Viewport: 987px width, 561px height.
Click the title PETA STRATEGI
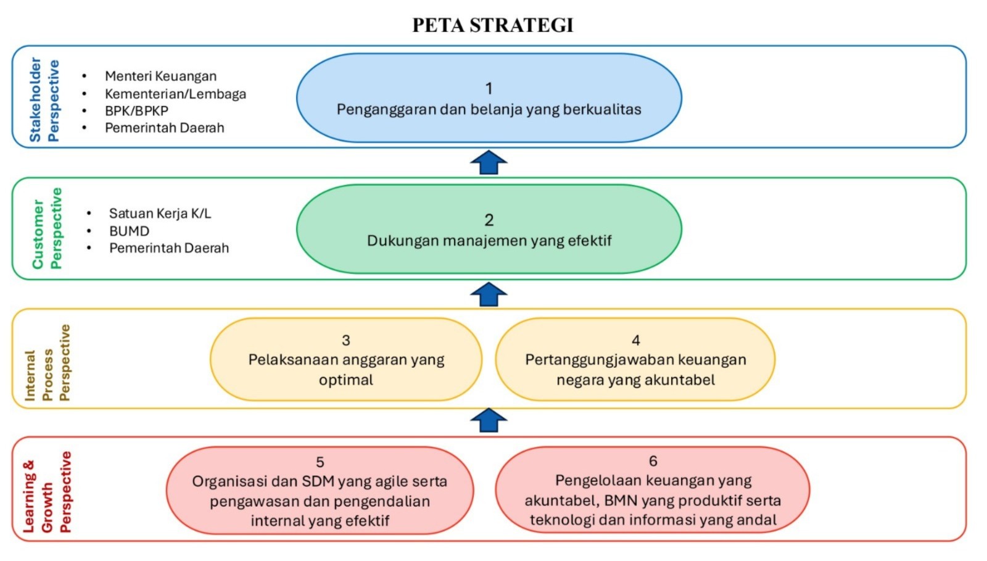point(493,25)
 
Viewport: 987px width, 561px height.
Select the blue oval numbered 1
point(489,98)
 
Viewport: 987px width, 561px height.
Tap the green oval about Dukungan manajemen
point(489,230)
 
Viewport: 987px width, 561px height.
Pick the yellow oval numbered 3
point(345,360)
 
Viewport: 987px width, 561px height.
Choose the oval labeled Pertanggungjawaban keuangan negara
point(635,360)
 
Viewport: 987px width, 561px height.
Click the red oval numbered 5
point(320,491)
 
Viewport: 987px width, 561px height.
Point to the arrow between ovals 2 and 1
point(489,163)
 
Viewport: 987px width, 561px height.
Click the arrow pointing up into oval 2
point(489,294)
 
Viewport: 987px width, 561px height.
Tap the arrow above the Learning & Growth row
point(489,421)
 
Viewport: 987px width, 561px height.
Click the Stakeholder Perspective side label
point(44,99)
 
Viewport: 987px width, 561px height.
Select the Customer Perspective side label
point(47,229)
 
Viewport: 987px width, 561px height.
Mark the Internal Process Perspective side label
point(47,363)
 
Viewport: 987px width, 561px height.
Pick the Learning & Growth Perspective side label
point(47,492)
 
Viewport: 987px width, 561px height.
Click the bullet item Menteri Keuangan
point(160,76)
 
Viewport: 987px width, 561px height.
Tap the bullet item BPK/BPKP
point(136,110)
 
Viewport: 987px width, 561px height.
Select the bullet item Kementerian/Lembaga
point(175,94)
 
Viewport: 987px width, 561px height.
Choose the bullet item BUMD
point(129,231)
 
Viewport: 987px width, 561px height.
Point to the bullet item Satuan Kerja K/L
point(160,214)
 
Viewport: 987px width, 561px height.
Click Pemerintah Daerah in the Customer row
point(169,248)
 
